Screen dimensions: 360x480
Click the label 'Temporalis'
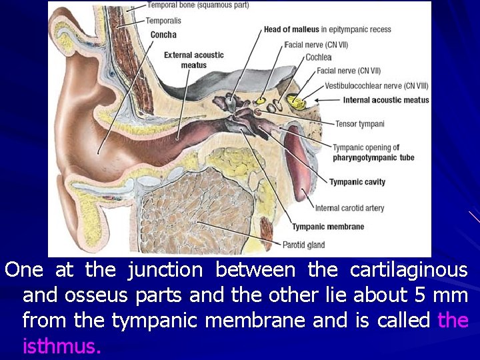point(163,21)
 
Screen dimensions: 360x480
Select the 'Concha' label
point(163,35)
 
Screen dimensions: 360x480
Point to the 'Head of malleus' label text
point(291,29)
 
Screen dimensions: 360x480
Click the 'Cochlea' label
point(318,57)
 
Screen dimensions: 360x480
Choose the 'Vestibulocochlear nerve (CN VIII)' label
point(376,85)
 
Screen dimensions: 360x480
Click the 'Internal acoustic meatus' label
point(386,100)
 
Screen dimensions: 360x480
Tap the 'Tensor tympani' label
point(359,124)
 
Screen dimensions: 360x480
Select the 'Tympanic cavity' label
point(357,182)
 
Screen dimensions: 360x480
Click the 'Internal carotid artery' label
point(349,208)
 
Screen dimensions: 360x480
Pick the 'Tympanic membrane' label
point(328,227)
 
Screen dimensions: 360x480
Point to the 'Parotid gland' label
point(303,245)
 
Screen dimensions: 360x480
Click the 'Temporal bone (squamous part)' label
point(197,5)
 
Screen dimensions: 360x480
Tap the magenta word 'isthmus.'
point(61,347)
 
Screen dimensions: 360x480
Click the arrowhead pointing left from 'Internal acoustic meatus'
point(318,100)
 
